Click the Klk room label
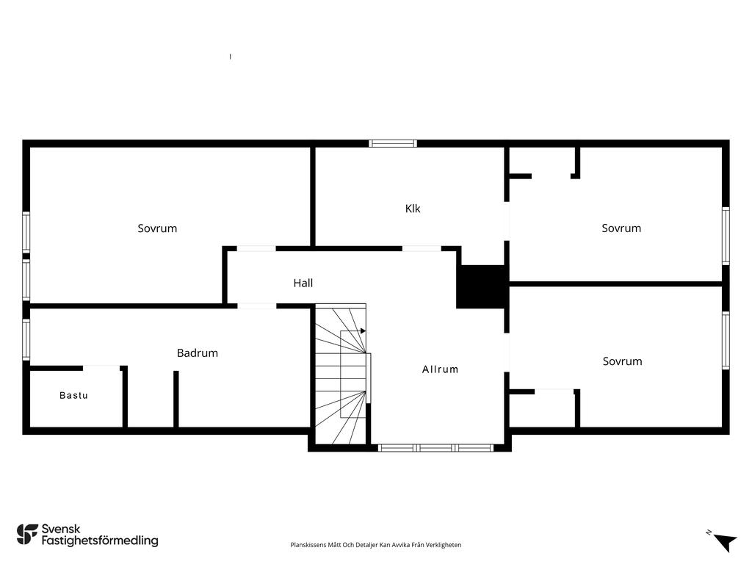(413, 209)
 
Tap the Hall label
(303, 283)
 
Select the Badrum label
(197, 353)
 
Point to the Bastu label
(73, 396)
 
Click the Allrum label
(441, 369)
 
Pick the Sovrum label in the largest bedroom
(157, 228)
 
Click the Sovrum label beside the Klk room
(621, 228)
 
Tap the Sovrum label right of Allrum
(622, 361)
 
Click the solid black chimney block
(482, 286)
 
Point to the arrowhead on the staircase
(363, 331)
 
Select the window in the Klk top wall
(393, 143)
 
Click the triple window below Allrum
(435, 448)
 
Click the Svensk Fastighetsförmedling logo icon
(27, 535)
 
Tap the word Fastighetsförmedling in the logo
(100, 540)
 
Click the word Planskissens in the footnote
(308, 545)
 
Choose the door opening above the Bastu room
(101, 368)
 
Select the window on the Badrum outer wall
(26, 339)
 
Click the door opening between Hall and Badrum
(256, 306)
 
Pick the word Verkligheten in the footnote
(445, 545)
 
